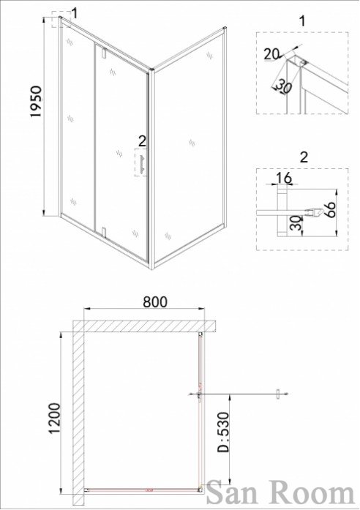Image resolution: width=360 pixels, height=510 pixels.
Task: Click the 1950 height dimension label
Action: click(37, 102)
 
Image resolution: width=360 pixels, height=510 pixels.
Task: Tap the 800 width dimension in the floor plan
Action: click(155, 302)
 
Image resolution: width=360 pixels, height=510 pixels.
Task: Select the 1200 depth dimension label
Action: click(54, 419)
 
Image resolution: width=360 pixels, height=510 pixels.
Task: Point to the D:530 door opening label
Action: click(223, 432)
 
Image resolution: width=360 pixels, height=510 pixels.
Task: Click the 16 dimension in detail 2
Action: click(284, 178)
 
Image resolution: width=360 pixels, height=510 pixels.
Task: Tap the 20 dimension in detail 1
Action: click(271, 54)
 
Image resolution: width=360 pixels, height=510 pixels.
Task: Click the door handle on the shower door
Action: click(142, 164)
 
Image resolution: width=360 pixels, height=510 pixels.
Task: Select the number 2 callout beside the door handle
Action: click(142, 141)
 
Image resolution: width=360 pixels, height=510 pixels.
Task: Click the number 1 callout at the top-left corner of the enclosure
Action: click(75, 14)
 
